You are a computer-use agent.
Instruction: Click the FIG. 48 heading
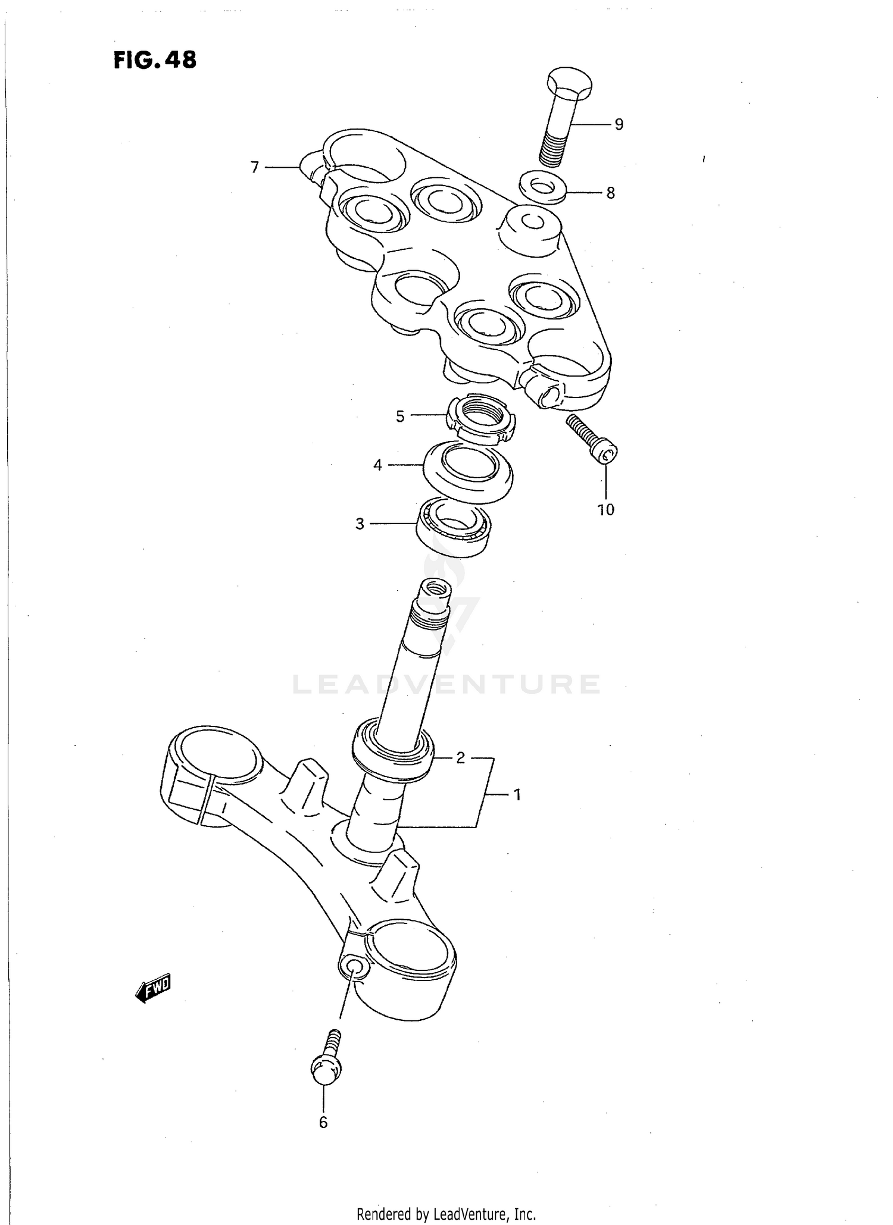[x=155, y=60]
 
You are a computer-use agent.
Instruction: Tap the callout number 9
[x=619, y=124]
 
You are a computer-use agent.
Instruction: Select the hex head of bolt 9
[x=569, y=84]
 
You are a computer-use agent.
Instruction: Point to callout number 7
[x=255, y=168]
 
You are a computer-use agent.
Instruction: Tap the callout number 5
[x=400, y=416]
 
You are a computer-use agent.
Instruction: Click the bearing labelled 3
[x=454, y=527]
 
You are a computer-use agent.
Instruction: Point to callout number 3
[x=360, y=524]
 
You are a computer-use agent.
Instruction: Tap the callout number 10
[x=605, y=509]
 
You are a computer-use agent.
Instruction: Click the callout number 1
[x=517, y=794]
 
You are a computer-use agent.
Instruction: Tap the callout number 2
[x=460, y=758]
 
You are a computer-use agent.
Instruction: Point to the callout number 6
[x=323, y=1122]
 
